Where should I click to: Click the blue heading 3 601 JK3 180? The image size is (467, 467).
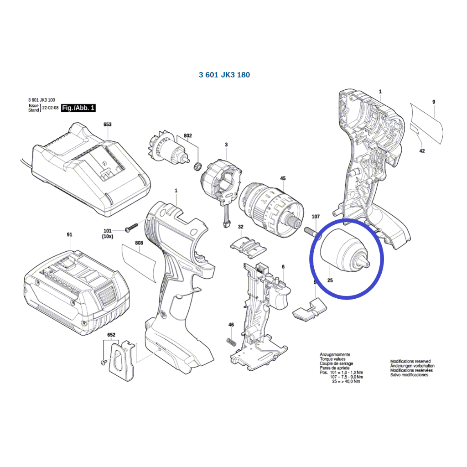click(x=224, y=75)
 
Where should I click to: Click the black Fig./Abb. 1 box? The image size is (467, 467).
click(x=78, y=108)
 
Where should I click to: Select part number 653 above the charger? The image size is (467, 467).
click(x=108, y=125)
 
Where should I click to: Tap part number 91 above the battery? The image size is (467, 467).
click(x=69, y=235)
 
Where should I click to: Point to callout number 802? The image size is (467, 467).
click(x=187, y=136)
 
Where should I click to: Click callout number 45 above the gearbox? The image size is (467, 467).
click(x=283, y=178)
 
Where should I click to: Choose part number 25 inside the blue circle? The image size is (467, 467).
click(x=330, y=281)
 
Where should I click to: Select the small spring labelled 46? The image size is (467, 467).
click(x=231, y=341)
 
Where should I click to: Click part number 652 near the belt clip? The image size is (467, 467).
click(x=111, y=335)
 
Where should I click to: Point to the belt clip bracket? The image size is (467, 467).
click(x=122, y=361)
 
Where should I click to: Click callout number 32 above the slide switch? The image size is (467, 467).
click(x=240, y=227)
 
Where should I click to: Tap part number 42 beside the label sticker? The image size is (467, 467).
click(x=422, y=151)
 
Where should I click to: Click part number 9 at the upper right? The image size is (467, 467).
click(x=434, y=102)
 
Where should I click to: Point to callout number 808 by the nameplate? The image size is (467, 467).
click(x=139, y=244)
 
